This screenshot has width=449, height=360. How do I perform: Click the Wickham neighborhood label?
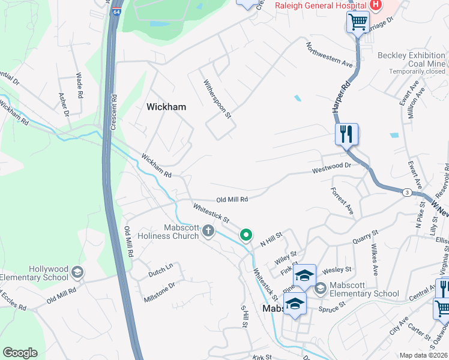(166, 107)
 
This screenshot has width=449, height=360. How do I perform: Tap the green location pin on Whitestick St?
(246, 235)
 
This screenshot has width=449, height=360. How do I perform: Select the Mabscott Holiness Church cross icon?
(208, 231)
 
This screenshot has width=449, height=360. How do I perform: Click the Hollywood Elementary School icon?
(77, 273)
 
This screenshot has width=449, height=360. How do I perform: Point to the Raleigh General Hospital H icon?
(376, 5)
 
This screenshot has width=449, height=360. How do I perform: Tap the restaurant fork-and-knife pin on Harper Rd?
(346, 134)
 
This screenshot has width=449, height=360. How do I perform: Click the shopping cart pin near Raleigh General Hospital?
(358, 22)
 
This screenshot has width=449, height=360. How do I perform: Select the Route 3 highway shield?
(407, 192)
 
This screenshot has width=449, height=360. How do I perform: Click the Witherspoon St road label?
(217, 99)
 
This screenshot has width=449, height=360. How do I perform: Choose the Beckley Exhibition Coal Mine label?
(411, 59)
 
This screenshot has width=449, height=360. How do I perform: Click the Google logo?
(20, 353)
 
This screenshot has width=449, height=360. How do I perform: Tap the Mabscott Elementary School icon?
(320, 289)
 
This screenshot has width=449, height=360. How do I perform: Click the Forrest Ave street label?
(342, 201)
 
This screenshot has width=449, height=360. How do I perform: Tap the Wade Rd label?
(79, 85)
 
